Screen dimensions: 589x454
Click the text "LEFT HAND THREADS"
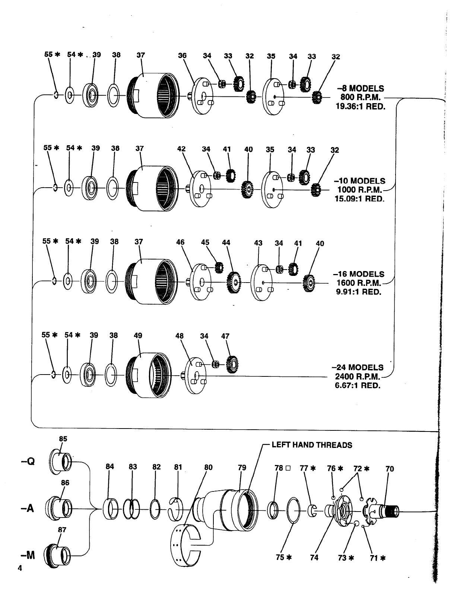coord(312,445)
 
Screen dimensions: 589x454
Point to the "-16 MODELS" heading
coord(358,274)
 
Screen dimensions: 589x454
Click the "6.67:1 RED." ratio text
coord(358,385)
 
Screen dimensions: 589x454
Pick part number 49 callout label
coord(138,335)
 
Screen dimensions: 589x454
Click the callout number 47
coord(225,336)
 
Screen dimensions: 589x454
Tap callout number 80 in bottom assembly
coord(209,467)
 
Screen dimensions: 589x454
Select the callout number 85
coord(63,439)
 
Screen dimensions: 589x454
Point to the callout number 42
coord(181,149)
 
